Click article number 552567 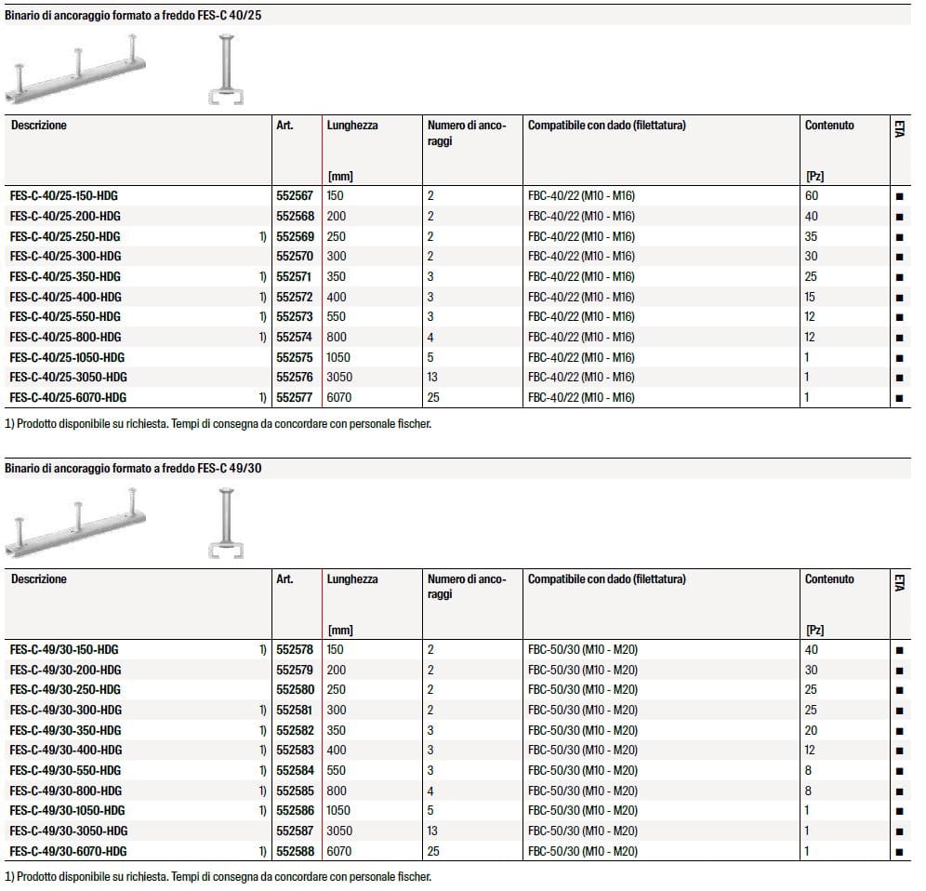click(x=295, y=196)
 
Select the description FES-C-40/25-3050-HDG click(x=68, y=378)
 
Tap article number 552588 click(x=295, y=852)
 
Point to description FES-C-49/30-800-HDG click(x=65, y=791)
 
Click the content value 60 click(x=812, y=196)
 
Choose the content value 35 click(x=811, y=236)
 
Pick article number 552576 click(x=295, y=378)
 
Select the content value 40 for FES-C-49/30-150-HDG click(x=812, y=650)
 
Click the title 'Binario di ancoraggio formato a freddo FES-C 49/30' click(x=133, y=468)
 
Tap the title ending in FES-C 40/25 click(x=133, y=16)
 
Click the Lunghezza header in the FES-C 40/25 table click(x=352, y=126)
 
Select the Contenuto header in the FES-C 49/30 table click(x=829, y=579)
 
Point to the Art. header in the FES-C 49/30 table click(x=284, y=579)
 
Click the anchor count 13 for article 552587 click(x=433, y=831)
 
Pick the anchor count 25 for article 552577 click(x=433, y=398)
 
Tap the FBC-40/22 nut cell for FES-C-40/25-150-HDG click(x=581, y=196)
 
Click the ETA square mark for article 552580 click(x=899, y=690)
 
